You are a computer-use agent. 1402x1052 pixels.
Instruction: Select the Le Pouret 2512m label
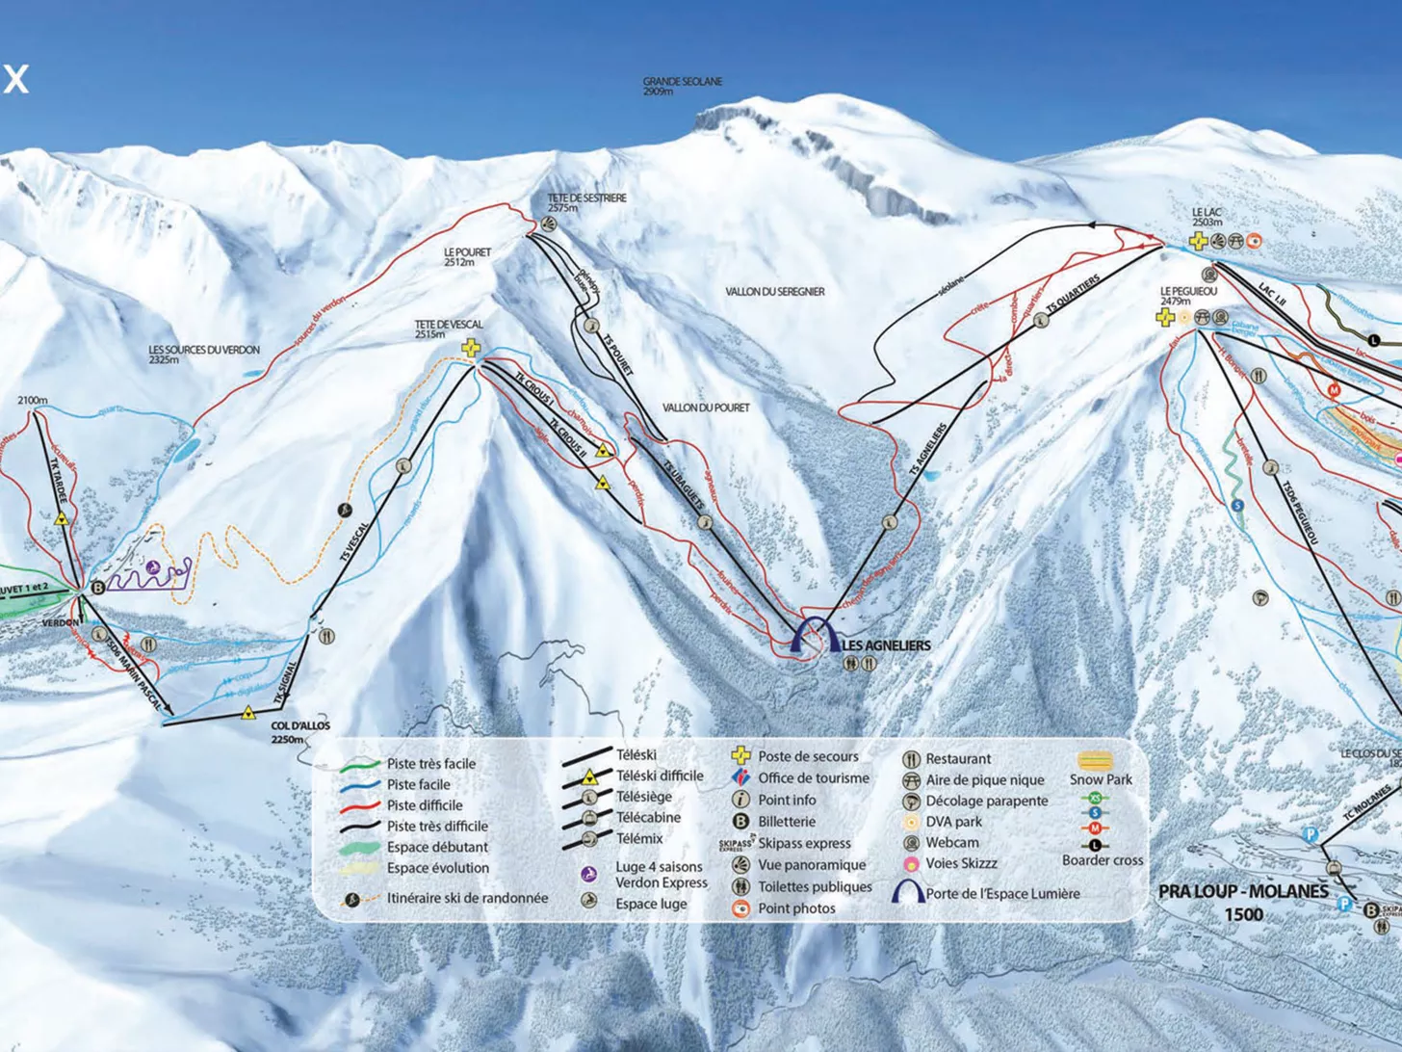467,256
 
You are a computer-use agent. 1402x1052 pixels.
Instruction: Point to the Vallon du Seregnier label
775,291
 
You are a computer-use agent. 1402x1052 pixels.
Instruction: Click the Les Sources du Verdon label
204,354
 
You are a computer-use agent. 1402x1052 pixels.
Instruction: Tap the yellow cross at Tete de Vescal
471,348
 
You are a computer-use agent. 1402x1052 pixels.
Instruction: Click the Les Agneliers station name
886,645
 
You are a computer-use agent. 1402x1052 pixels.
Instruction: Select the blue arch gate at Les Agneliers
816,637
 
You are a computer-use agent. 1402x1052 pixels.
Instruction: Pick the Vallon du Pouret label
706,408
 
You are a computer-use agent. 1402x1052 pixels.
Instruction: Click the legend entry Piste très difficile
437,826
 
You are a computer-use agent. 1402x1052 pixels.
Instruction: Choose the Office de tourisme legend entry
813,777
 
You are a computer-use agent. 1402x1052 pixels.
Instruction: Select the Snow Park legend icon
1095,761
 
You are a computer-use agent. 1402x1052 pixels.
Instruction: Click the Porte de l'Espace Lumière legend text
1002,893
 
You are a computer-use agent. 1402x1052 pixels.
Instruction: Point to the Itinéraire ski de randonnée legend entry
467,898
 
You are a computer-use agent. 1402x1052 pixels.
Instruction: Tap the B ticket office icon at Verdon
97,587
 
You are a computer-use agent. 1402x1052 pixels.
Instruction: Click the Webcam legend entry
951,842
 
